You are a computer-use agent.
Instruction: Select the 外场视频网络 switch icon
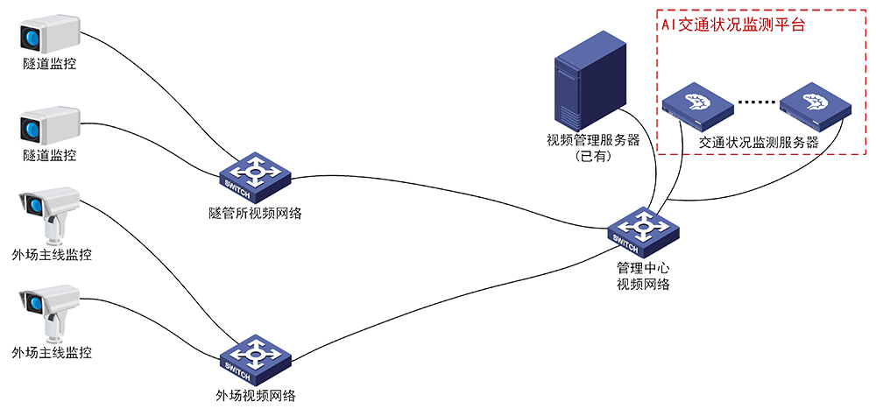(255, 358)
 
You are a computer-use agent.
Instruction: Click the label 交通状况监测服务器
(759, 143)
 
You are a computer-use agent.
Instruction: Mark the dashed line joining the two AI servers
(755, 103)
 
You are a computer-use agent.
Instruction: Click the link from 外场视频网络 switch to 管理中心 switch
(456, 298)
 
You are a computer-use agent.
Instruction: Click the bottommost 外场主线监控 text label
(49, 352)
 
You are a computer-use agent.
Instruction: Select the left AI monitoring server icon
(696, 104)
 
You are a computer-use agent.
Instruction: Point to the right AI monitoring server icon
(816, 104)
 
